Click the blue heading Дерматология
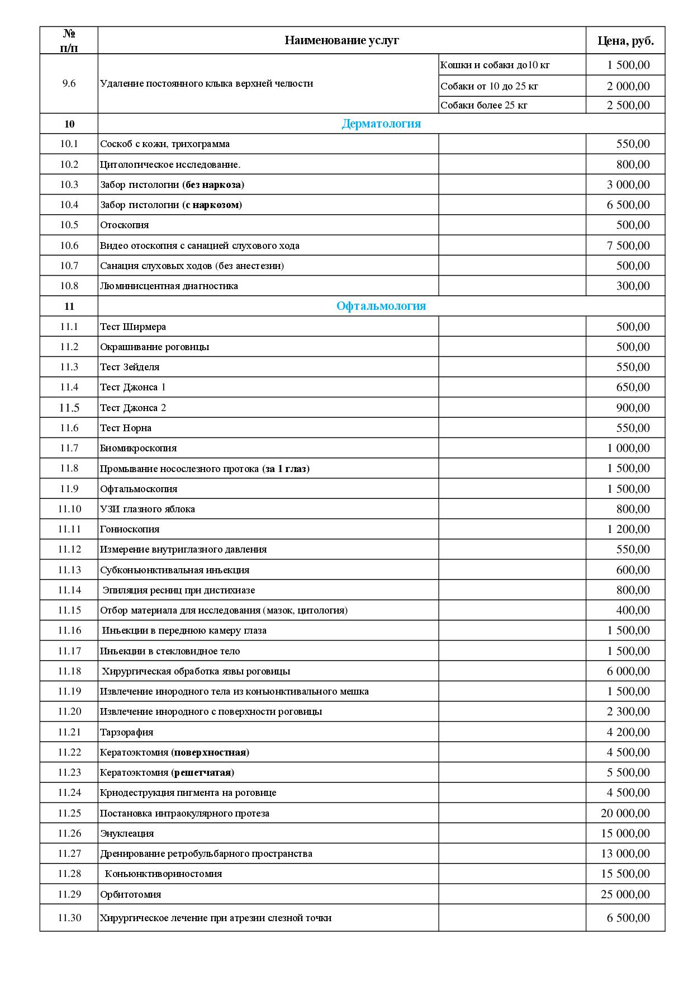(381, 124)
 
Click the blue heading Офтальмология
(381, 306)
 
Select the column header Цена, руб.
(625, 40)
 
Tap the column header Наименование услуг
(341, 40)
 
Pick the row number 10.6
(69, 246)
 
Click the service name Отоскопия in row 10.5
(125, 225)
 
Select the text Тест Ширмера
(133, 327)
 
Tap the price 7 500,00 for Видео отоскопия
(628, 246)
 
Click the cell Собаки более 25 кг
(483, 105)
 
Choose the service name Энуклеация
(127, 833)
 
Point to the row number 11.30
(69, 918)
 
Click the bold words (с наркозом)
(212, 205)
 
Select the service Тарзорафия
(126, 732)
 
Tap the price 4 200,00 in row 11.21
(628, 732)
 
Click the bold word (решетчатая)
(203, 772)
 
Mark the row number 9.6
(69, 83)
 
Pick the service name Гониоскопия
(130, 529)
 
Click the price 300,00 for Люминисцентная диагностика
(633, 286)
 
